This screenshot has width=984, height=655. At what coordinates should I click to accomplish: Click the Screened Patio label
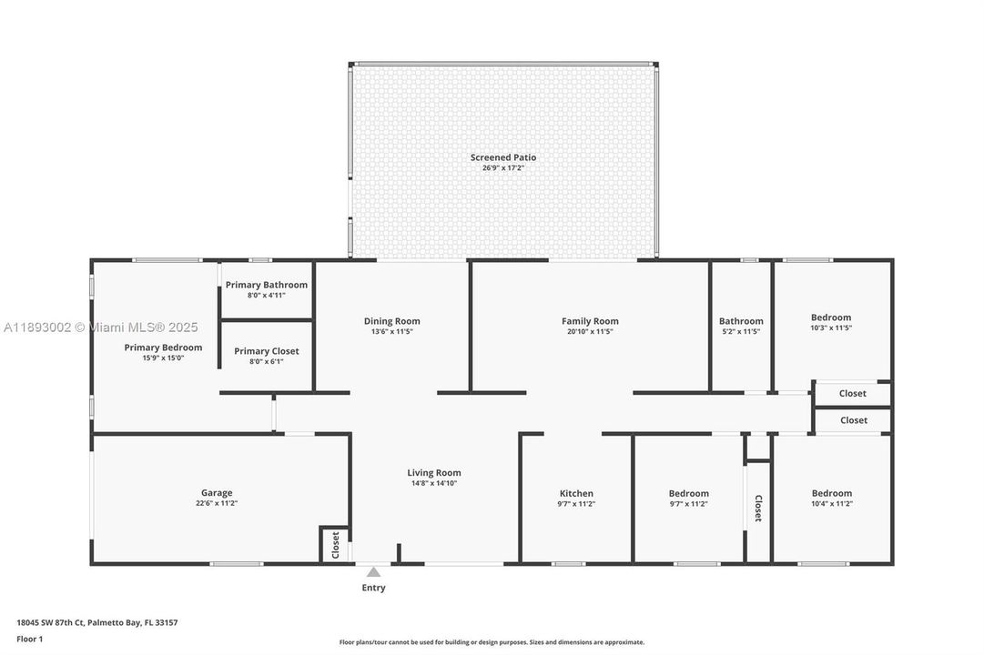[502, 157]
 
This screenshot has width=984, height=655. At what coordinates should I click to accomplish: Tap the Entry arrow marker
[373, 572]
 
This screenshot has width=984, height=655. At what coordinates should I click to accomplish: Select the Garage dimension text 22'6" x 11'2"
[217, 504]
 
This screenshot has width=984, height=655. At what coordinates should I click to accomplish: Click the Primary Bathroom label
[267, 285]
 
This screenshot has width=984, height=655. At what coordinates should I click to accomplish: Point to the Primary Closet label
[267, 351]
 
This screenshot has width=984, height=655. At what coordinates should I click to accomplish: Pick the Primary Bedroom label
[163, 348]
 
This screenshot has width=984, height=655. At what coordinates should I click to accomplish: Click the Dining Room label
[391, 321]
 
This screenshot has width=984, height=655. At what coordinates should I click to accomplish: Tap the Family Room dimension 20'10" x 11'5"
[590, 332]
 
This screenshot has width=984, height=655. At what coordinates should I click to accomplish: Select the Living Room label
[433, 472]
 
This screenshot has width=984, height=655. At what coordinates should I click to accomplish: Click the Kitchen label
[576, 493]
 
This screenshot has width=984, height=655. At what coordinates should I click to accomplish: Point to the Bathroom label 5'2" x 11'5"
[741, 321]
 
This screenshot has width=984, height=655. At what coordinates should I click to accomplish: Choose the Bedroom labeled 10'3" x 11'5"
[831, 317]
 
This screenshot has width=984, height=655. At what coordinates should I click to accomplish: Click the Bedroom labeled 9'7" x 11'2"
[688, 493]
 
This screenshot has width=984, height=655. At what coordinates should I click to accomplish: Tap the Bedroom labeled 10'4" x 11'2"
[832, 493]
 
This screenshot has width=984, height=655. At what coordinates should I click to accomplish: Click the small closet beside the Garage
[334, 544]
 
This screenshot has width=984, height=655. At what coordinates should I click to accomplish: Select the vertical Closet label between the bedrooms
[757, 509]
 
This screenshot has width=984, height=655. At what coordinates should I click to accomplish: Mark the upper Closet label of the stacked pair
[853, 393]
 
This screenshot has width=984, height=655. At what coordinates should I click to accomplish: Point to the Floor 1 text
[29, 640]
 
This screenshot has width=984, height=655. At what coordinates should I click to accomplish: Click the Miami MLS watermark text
[100, 327]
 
